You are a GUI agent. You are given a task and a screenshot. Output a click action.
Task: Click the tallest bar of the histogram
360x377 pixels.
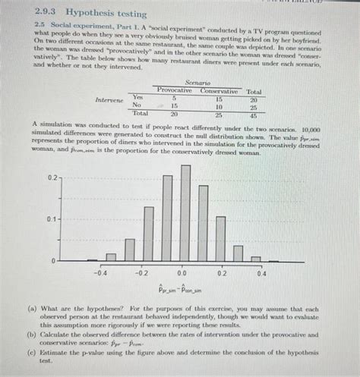click(x=186, y=212)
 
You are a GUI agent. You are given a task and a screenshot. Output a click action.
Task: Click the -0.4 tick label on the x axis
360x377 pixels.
click(x=100, y=271)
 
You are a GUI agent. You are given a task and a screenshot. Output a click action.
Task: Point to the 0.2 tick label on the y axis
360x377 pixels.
click(x=51, y=178)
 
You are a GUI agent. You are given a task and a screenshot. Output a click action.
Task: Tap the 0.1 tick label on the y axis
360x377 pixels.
click(x=51, y=219)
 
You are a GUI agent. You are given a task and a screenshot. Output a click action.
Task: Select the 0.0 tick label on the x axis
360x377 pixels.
click(x=182, y=271)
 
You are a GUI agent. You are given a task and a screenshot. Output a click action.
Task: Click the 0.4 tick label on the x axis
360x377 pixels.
click(x=261, y=271)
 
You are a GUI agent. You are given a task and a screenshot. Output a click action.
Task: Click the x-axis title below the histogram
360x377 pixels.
click(x=180, y=289)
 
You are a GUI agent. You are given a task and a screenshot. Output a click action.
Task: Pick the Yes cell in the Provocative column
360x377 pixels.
click(x=174, y=98)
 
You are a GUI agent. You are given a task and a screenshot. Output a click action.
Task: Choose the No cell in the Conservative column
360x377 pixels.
click(x=218, y=106)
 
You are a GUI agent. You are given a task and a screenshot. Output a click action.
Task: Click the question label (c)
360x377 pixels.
click(x=30, y=353)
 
